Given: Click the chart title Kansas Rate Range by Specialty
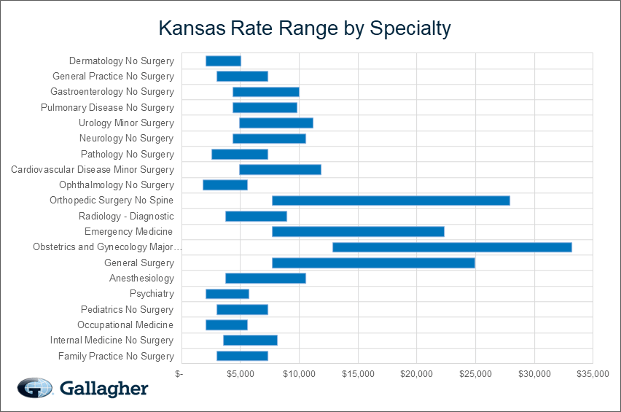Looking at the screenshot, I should coord(305,28).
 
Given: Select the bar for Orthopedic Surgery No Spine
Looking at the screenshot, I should coord(391,201).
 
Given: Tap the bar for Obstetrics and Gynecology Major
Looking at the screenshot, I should coord(452,247).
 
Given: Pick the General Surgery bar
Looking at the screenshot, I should coord(373,263).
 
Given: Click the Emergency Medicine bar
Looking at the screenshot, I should coord(358,232).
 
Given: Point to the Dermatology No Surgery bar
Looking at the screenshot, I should coord(223,61).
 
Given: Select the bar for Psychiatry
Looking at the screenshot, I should coord(227,294).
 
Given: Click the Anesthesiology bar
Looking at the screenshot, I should coord(265,278).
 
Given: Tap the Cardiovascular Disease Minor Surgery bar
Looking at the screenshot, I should coord(280,169).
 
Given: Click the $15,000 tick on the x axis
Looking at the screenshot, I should coord(357,374).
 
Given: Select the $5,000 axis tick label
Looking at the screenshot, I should coord(240,374).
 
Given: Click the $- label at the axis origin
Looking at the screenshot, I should coord(180,374).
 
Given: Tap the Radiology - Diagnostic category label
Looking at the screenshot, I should coord(126,216).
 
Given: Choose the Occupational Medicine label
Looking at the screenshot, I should coord(125,324).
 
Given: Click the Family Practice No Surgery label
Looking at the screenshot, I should coord(116,356).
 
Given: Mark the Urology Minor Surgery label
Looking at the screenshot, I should coord(126,123).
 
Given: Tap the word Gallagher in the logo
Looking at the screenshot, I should coord(103,388).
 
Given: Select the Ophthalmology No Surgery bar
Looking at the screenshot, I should coord(225,185).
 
